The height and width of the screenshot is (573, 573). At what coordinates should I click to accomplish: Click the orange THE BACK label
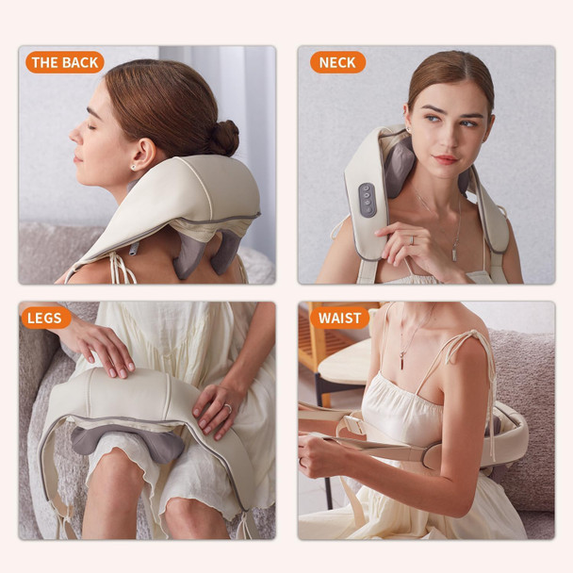64,63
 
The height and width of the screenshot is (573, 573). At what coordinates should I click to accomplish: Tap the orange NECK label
337,63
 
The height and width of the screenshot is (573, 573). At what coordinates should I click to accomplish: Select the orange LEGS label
45,318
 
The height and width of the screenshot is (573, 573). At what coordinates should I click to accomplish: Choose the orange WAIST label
339,318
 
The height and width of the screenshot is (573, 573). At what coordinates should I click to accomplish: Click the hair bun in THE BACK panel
223,137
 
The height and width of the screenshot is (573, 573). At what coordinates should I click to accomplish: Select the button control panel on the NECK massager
367,200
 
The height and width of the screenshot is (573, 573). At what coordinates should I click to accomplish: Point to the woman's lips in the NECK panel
445,159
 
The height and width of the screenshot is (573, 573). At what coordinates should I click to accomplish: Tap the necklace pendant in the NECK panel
453,253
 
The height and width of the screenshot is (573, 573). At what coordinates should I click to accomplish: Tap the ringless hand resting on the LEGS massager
104,343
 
